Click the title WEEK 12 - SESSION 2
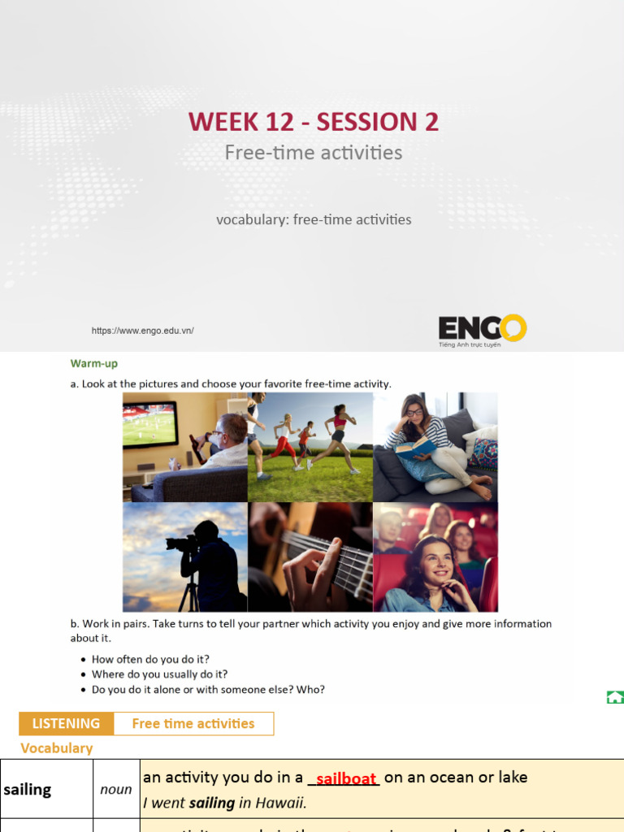pyautogui.click(x=313, y=122)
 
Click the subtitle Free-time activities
pyautogui.click(x=313, y=153)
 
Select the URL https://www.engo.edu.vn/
pyautogui.click(x=143, y=331)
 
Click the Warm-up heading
pyautogui.click(x=94, y=363)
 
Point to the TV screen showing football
pyautogui.click(x=149, y=423)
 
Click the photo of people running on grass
pyautogui.click(x=310, y=447)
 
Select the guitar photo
pyautogui.click(x=310, y=557)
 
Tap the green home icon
pyautogui.click(x=615, y=697)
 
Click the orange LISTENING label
pyautogui.click(x=66, y=723)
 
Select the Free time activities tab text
pyautogui.click(x=193, y=723)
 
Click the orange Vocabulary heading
pyautogui.click(x=57, y=748)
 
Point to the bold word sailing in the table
pyautogui.click(x=28, y=790)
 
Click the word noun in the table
pyautogui.click(x=116, y=790)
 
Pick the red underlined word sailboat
pyautogui.click(x=346, y=778)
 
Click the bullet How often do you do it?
pyautogui.click(x=150, y=660)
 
